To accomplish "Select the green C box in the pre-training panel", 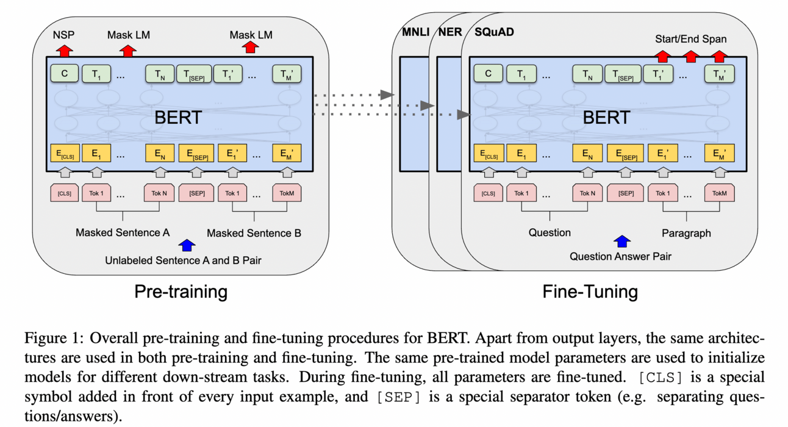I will coord(65,74).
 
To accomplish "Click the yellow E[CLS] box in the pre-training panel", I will coord(65,154).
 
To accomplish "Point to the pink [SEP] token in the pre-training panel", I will coord(197,193).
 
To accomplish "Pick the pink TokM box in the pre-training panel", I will coord(287,193).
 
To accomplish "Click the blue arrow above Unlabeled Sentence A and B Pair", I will coord(187,245).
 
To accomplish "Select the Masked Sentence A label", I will coord(123,232).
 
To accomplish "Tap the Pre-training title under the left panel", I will coord(181,292).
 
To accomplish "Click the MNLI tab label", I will coord(415,31).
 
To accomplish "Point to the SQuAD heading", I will coord(494,31).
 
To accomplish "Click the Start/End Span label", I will coord(690,39).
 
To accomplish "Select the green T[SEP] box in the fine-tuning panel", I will coord(623,74).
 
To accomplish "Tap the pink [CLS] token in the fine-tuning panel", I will coord(489,193).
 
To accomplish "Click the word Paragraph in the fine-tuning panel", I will coord(686,232).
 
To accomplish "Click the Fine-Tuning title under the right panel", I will coord(590,292).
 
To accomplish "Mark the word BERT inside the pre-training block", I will coord(178,117).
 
